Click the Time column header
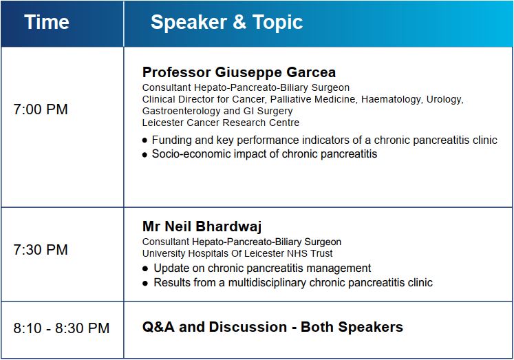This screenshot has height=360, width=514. tap(47, 22)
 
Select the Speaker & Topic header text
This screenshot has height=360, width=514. tap(226, 22)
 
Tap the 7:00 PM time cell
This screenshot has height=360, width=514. tap(41, 109)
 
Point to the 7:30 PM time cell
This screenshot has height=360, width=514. tap(41, 250)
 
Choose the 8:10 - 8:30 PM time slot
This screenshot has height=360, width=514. tap(61, 328)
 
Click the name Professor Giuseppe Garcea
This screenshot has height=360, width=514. tap(239, 72)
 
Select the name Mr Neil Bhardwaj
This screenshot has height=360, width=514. tap(202, 226)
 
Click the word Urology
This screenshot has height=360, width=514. tap(445, 99)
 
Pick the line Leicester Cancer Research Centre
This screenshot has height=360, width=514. tap(221, 123)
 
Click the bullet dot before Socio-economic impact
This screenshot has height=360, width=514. tap(145, 155)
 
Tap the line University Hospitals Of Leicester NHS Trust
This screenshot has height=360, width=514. tap(237, 253)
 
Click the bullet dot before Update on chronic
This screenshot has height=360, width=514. tap(145, 269)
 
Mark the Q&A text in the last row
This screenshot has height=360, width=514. tap(158, 327)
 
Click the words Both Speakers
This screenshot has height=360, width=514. tap(352, 327)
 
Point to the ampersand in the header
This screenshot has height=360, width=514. tap(239, 22)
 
